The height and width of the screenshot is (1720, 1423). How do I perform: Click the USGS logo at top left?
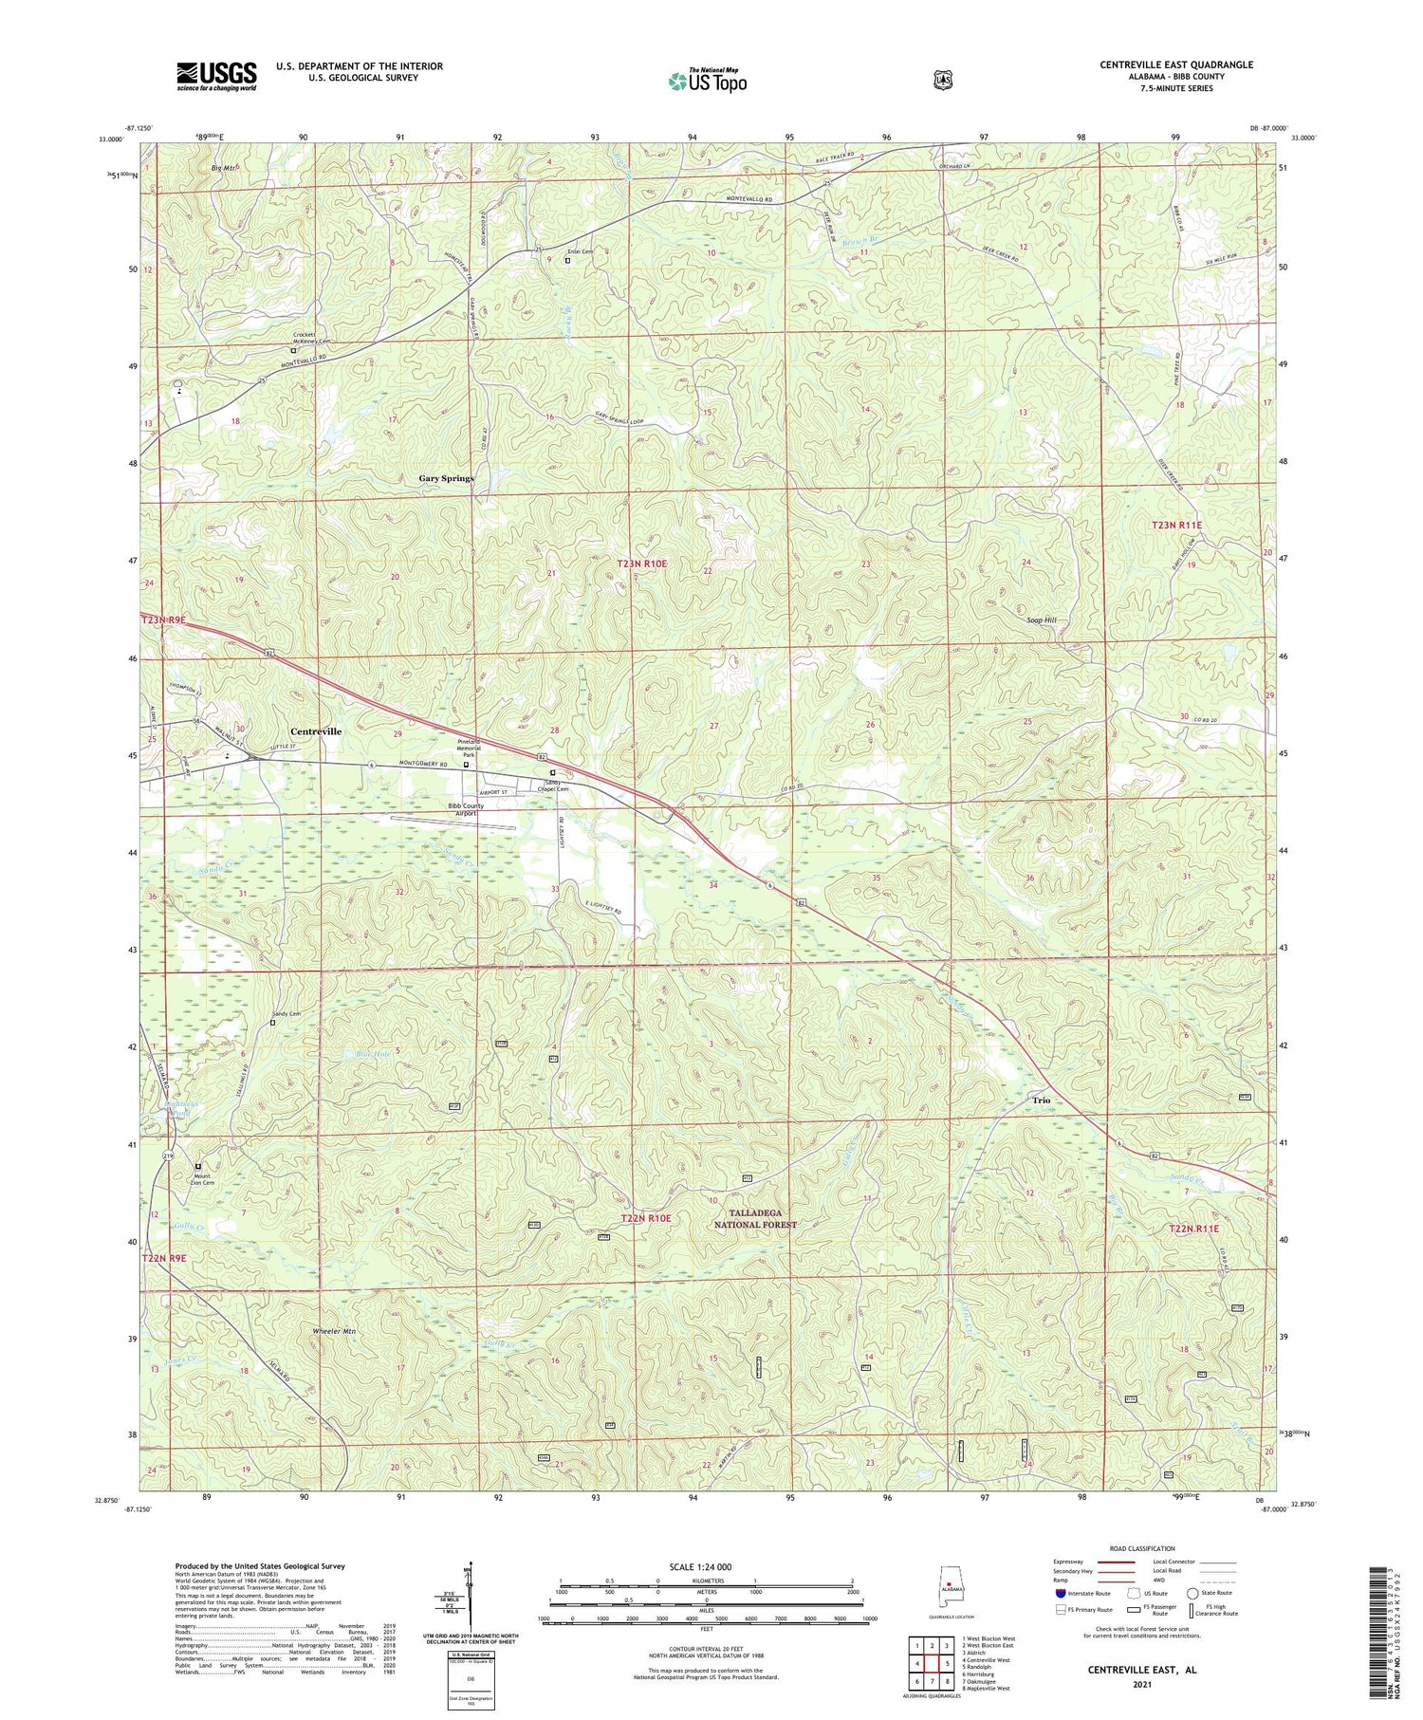tap(216, 76)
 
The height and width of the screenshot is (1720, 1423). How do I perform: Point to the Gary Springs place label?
tap(446, 478)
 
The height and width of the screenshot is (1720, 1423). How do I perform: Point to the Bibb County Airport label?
tap(466, 809)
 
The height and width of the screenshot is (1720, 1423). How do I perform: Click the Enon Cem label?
tap(580, 251)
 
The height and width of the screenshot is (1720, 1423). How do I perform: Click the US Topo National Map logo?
tap(707, 81)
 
